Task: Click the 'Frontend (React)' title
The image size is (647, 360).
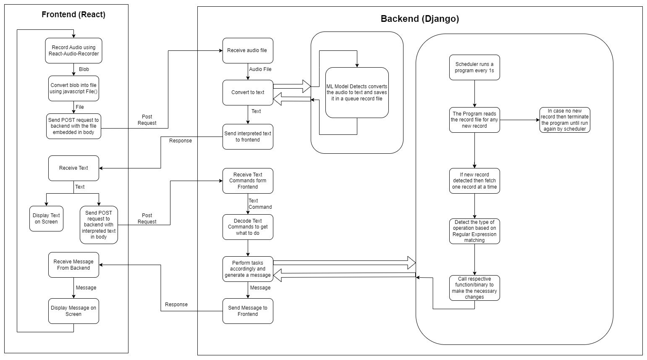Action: click(x=73, y=14)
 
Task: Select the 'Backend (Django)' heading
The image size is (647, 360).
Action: click(x=420, y=19)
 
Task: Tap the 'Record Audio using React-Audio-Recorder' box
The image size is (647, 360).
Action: click(x=73, y=50)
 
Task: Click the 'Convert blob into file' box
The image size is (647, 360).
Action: click(x=73, y=88)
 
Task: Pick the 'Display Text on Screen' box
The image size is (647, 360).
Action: click(x=46, y=218)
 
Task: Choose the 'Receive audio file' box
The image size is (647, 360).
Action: click(x=248, y=50)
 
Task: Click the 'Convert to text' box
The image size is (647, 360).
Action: click(x=248, y=92)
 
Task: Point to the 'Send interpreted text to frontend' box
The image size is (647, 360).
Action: click(x=248, y=137)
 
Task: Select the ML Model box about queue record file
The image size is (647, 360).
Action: click(x=357, y=92)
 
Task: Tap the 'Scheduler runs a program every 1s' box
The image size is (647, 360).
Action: click(x=474, y=67)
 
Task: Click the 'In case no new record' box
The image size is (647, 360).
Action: click(x=565, y=120)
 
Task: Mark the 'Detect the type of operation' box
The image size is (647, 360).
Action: click(x=474, y=231)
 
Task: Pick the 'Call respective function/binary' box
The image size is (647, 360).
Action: click(x=474, y=288)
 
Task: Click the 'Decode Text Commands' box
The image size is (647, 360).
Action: click(x=248, y=227)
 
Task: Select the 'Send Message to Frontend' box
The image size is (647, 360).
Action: click(x=248, y=311)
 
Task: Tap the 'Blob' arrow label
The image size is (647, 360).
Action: click(x=84, y=69)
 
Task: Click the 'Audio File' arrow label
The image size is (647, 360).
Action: click(x=260, y=69)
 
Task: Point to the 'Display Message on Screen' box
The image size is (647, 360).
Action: click(x=73, y=311)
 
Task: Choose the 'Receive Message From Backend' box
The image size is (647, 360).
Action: click(x=73, y=265)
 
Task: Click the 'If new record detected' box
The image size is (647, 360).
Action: click(x=474, y=181)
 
